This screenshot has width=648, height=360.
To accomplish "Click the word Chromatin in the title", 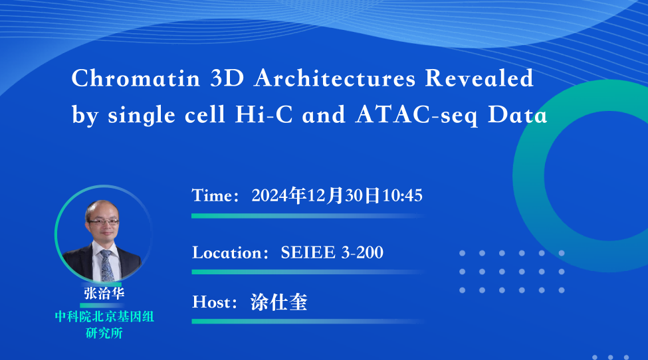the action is click(x=136, y=78).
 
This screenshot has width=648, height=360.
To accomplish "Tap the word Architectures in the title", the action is click(x=335, y=78).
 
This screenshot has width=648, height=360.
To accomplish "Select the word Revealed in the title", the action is click(x=479, y=78).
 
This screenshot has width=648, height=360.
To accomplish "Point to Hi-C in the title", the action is click(x=264, y=114).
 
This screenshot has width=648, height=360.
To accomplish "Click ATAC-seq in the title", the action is click(x=417, y=115).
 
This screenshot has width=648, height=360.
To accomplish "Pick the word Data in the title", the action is click(x=518, y=114).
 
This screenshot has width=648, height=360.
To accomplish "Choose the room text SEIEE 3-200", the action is click(x=332, y=252).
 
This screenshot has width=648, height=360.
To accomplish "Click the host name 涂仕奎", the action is click(x=279, y=302).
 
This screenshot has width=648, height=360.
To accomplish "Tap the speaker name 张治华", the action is click(x=104, y=293).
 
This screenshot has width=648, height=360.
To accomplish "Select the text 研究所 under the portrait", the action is click(x=104, y=333).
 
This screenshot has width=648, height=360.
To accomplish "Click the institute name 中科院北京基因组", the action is click(x=104, y=317).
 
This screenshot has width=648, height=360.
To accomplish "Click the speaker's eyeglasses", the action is click(x=104, y=222).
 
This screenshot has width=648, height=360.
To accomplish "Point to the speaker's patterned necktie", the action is click(x=107, y=266).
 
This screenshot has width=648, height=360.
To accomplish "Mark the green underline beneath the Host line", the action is click(x=308, y=321).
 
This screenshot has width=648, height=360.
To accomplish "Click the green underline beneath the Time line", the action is click(x=308, y=216).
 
